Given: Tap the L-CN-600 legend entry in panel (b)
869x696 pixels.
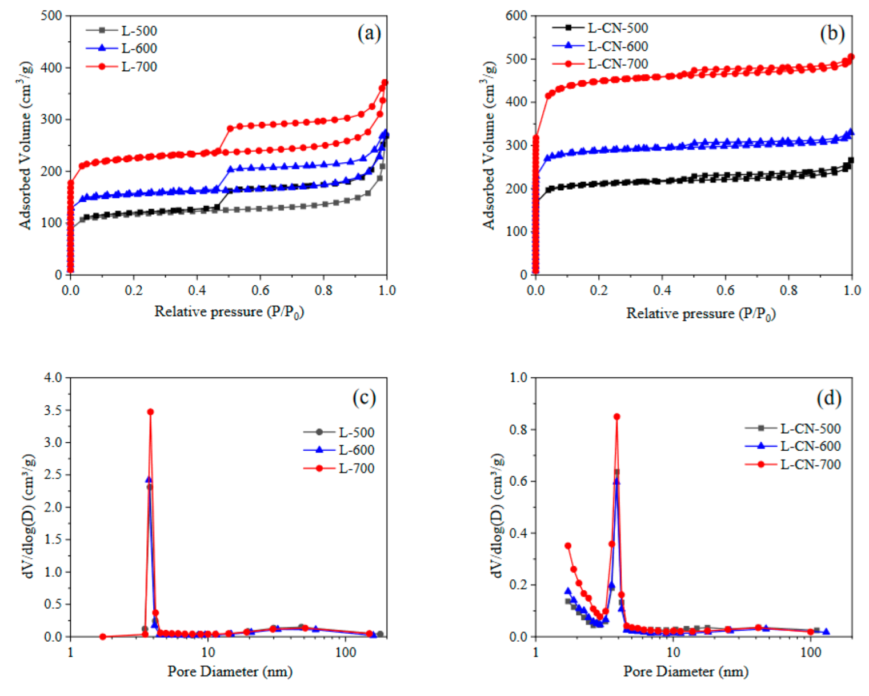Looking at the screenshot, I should tap(600, 46).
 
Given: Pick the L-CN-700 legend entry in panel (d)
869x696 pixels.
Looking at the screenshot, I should tap(794, 465).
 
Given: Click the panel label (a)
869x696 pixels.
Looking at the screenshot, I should tap(369, 33).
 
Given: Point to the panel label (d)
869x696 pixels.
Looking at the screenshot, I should tap(829, 398).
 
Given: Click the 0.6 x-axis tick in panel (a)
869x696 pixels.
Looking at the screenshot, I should tap(260, 290).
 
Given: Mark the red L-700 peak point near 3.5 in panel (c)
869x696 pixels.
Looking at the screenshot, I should tap(150, 411).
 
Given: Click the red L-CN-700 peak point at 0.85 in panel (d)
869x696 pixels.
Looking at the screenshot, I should tap(616, 417).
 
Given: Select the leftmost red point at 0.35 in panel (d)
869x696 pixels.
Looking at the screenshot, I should tap(568, 546).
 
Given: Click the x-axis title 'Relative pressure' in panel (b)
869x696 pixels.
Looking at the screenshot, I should tap(700, 313).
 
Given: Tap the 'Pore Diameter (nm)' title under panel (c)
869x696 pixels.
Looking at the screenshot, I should tap(230, 671).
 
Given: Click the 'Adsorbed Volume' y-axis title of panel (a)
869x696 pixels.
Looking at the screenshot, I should tap(25, 146).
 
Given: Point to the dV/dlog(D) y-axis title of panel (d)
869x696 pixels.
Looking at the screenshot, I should tap(496, 516).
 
